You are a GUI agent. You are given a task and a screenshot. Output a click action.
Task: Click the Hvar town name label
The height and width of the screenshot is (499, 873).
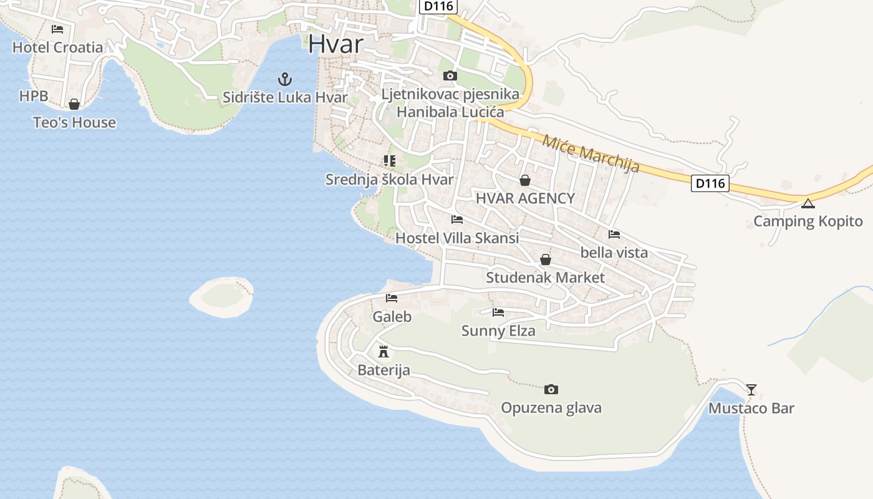pyautogui.click(x=335, y=44)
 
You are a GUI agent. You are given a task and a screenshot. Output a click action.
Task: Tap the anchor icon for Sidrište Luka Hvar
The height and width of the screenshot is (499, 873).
pyautogui.click(x=284, y=79)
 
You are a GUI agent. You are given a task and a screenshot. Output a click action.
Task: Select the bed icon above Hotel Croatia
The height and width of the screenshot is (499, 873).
pyautogui.click(x=57, y=29)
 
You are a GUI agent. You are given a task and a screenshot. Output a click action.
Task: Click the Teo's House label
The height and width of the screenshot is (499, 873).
pyautogui.click(x=74, y=122)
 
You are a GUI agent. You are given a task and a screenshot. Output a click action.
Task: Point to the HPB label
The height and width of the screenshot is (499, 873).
pyautogui.click(x=34, y=96)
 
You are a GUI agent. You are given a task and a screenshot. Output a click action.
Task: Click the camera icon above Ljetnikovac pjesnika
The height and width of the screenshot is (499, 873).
pyautogui.click(x=450, y=76)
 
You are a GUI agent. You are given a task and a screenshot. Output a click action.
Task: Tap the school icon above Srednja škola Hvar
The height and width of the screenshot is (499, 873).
pyautogui.click(x=390, y=161)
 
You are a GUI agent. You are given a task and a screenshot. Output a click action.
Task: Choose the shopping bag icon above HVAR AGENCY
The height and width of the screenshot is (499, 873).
pyautogui.click(x=525, y=180)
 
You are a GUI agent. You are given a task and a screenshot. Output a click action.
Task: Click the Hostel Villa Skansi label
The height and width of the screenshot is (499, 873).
pyautogui.click(x=457, y=238)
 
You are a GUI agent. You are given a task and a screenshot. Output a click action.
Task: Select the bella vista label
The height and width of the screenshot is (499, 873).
pyautogui.click(x=614, y=253)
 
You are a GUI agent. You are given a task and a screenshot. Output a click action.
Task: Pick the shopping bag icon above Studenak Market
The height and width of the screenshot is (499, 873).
pyautogui.click(x=546, y=259)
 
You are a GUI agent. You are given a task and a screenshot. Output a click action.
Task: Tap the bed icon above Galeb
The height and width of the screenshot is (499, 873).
pyautogui.click(x=392, y=298)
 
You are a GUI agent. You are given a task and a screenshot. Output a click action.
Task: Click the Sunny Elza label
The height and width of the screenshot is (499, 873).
pyautogui.click(x=498, y=331)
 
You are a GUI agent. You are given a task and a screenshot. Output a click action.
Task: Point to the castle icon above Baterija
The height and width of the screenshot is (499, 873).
pyautogui.click(x=383, y=352)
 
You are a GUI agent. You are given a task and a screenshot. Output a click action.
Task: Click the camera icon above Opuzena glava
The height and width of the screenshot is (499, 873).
pyautogui.click(x=551, y=390)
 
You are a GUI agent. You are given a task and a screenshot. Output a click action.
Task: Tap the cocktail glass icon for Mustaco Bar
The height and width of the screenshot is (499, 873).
pyautogui.click(x=751, y=390)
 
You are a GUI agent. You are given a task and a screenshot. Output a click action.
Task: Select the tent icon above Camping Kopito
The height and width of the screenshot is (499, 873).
pyautogui.click(x=808, y=203)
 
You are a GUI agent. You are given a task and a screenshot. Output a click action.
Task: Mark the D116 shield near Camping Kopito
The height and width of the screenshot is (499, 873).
pyautogui.click(x=710, y=183)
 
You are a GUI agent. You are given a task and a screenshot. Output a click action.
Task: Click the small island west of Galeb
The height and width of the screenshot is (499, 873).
pyautogui.click(x=222, y=297)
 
